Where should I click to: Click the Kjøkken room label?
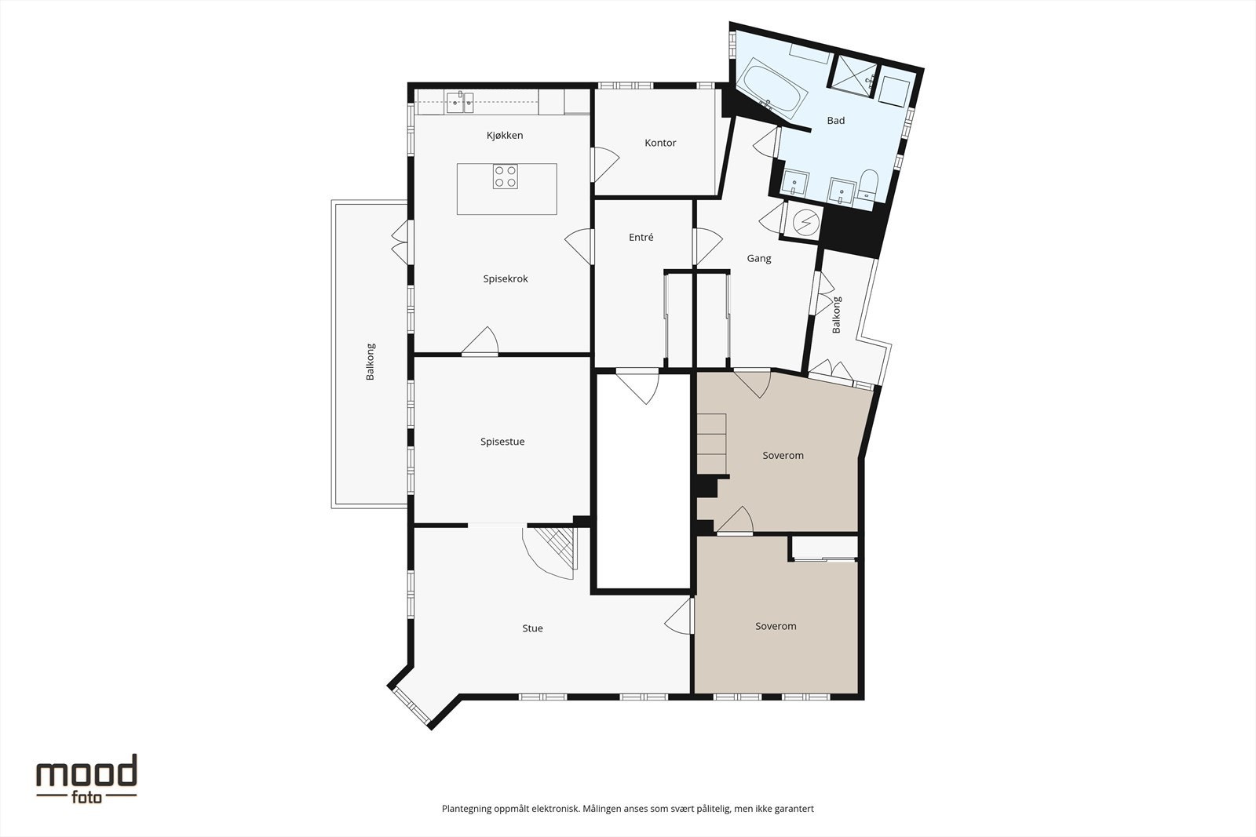(x=504, y=136)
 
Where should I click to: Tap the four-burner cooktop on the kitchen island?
(x=505, y=176)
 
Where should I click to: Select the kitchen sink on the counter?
(x=459, y=102)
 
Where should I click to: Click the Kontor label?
(x=660, y=143)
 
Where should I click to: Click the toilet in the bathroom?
(x=867, y=185)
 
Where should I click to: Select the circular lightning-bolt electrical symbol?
(x=805, y=224)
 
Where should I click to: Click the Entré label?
(x=641, y=238)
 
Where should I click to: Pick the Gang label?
(x=758, y=258)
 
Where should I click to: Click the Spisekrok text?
(x=505, y=278)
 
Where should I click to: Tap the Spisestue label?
(x=502, y=442)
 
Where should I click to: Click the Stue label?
(x=532, y=628)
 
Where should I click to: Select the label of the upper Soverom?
(x=783, y=456)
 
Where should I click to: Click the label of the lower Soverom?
(x=776, y=626)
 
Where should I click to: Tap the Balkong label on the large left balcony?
(x=371, y=362)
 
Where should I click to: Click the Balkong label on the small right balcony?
(x=837, y=315)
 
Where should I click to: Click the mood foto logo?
(x=86, y=778)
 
